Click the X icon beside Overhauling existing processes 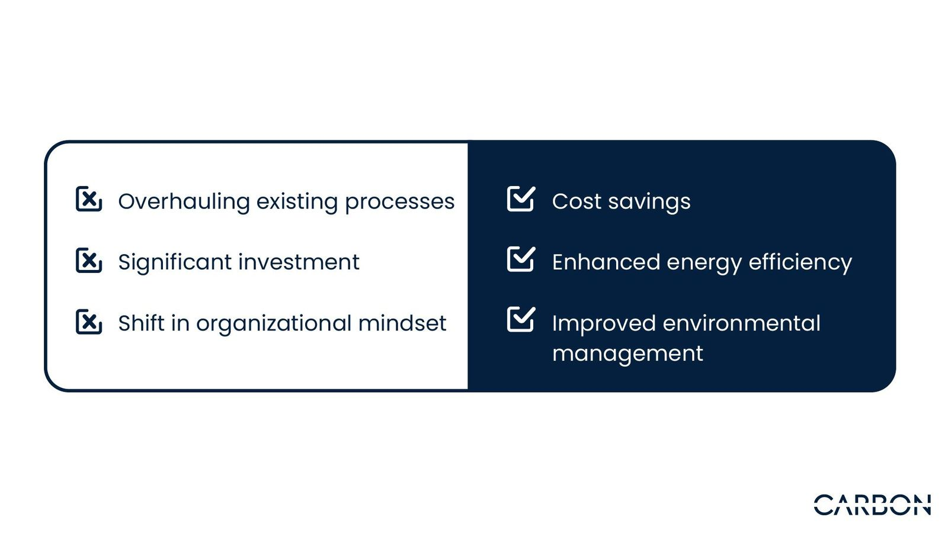pos(89,198)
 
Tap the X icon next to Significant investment pos(89,260)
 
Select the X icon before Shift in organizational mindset pos(89,322)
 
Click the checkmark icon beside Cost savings pos(521,198)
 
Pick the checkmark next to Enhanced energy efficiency pos(521,259)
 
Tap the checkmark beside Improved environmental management pos(521,319)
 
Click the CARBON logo pos(872,505)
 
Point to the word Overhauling pos(184,202)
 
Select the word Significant pos(175,263)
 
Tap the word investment pos(299,262)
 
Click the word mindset pos(402,323)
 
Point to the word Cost pos(577,201)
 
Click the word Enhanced pos(606,262)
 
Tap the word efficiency pos(800,263)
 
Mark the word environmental pos(741,323)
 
